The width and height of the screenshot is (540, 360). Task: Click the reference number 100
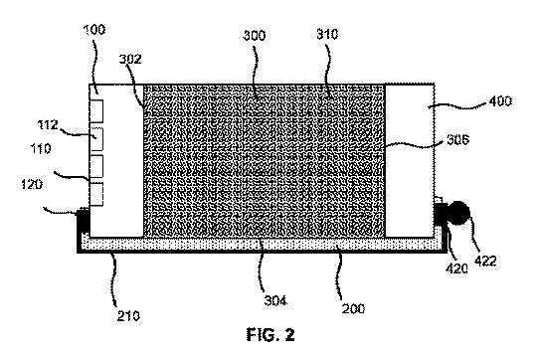[94, 29]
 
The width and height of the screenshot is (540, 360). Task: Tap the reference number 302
[130, 59]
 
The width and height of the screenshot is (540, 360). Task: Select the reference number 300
[255, 36]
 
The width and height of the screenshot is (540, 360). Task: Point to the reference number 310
[327, 34]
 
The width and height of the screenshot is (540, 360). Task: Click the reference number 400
[500, 100]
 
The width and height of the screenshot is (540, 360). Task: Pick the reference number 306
[458, 139]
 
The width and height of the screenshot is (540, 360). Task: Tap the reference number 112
[48, 124]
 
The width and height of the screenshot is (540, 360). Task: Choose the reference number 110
[41, 149]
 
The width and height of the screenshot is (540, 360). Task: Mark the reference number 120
[32, 184]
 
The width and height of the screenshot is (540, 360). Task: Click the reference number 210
[128, 316]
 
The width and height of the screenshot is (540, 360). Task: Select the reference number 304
[275, 300]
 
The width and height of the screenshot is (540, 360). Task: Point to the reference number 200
[353, 308]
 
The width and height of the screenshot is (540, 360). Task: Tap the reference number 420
[456, 269]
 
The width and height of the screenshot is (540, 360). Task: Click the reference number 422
[485, 261]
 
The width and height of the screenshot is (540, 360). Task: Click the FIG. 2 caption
[270, 334]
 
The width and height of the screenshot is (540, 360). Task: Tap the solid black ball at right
[458, 213]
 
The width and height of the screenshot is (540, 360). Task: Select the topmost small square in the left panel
[96, 111]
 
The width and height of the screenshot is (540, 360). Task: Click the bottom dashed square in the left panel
[96, 194]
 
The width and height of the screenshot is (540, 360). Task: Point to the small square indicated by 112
[96, 139]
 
